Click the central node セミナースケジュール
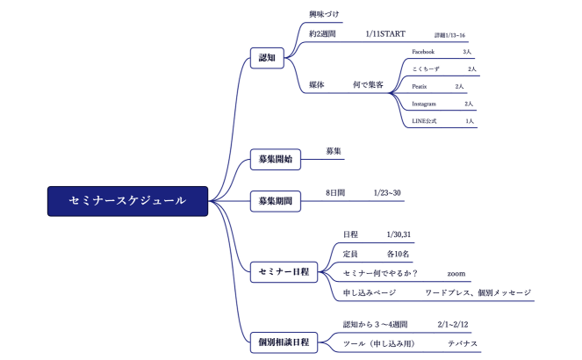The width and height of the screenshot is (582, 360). click(127, 201)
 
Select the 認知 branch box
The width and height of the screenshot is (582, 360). click(268, 59)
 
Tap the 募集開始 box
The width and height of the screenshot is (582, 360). click(275, 159)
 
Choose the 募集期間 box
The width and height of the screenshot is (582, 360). click(275, 201)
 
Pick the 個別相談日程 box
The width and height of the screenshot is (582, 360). click(283, 341)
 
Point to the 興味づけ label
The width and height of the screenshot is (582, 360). click(324, 15)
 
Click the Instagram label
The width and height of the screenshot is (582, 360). click(424, 104)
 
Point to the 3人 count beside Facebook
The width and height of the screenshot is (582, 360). click(467, 52)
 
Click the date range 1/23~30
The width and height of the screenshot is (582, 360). click(387, 191)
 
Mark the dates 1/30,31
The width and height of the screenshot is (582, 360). click(399, 234)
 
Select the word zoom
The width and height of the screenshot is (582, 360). click(456, 273)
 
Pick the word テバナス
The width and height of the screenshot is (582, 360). click(463, 342)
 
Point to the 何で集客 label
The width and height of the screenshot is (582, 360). click(368, 85)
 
